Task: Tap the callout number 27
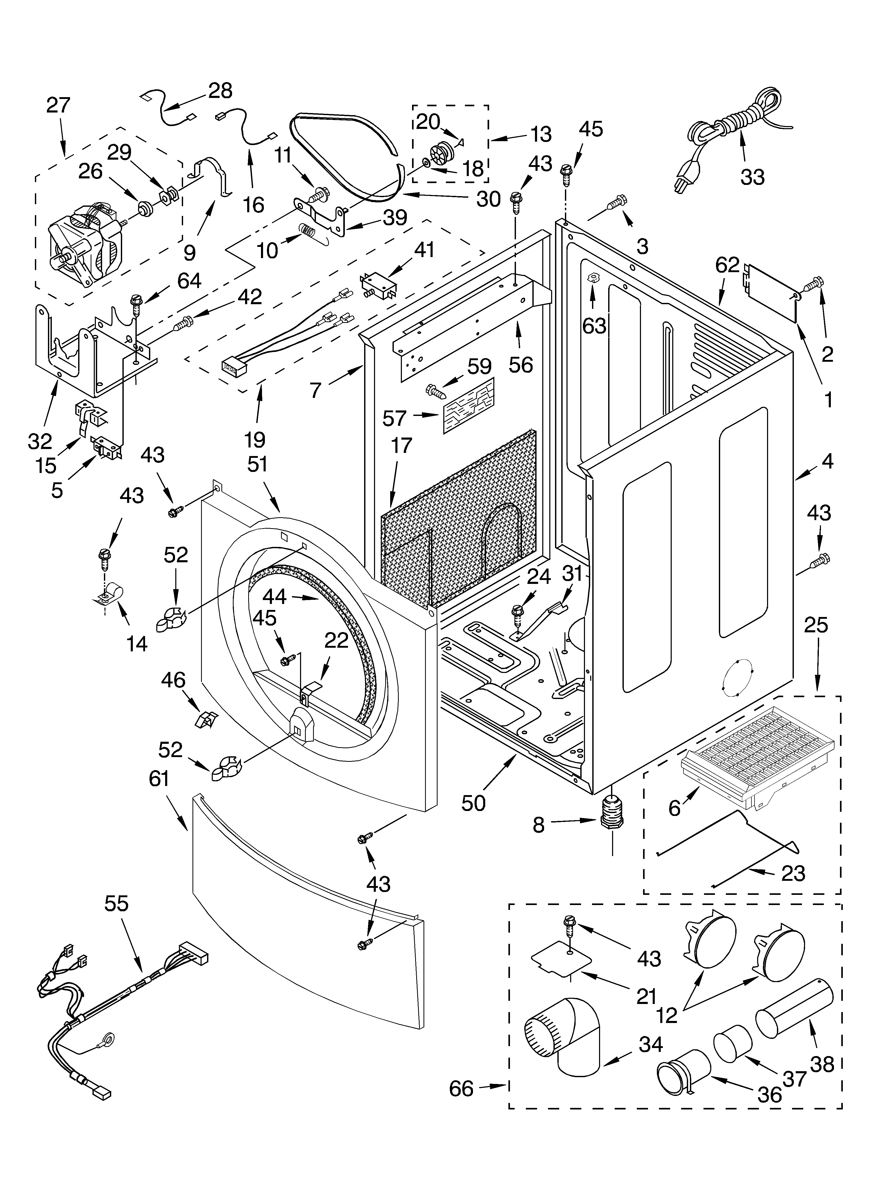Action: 58,105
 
